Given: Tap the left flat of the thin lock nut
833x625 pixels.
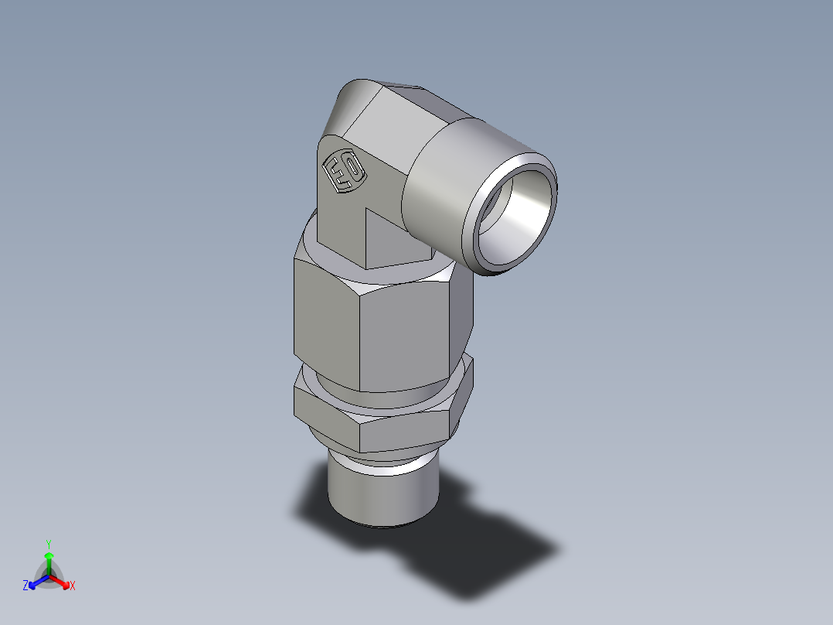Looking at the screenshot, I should click(x=325, y=414).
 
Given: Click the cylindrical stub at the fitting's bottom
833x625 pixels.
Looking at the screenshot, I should click(x=379, y=495).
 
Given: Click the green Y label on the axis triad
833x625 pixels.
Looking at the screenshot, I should click(x=49, y=543).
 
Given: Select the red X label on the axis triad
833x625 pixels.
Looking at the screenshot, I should click(x=73, y=586).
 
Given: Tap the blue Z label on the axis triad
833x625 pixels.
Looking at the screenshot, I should click(x=25, y=586).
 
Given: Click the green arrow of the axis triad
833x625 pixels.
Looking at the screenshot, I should click(x=49, y=560).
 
